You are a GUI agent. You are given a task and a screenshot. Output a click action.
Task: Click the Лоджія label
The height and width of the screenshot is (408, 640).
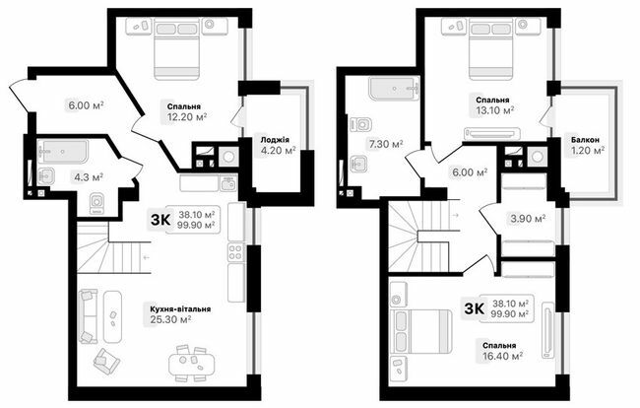[x=276, y=140]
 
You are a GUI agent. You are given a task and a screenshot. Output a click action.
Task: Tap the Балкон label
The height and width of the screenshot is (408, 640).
[x=588, y=140]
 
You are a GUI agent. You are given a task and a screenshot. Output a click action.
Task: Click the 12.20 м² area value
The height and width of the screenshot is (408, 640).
[x=187, y=115]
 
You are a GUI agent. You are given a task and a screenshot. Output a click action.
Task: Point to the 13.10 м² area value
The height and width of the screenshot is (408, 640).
[x=496, y=111]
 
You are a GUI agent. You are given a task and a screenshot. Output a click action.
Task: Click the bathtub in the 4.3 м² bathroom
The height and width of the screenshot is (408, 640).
[x=64, y=152]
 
